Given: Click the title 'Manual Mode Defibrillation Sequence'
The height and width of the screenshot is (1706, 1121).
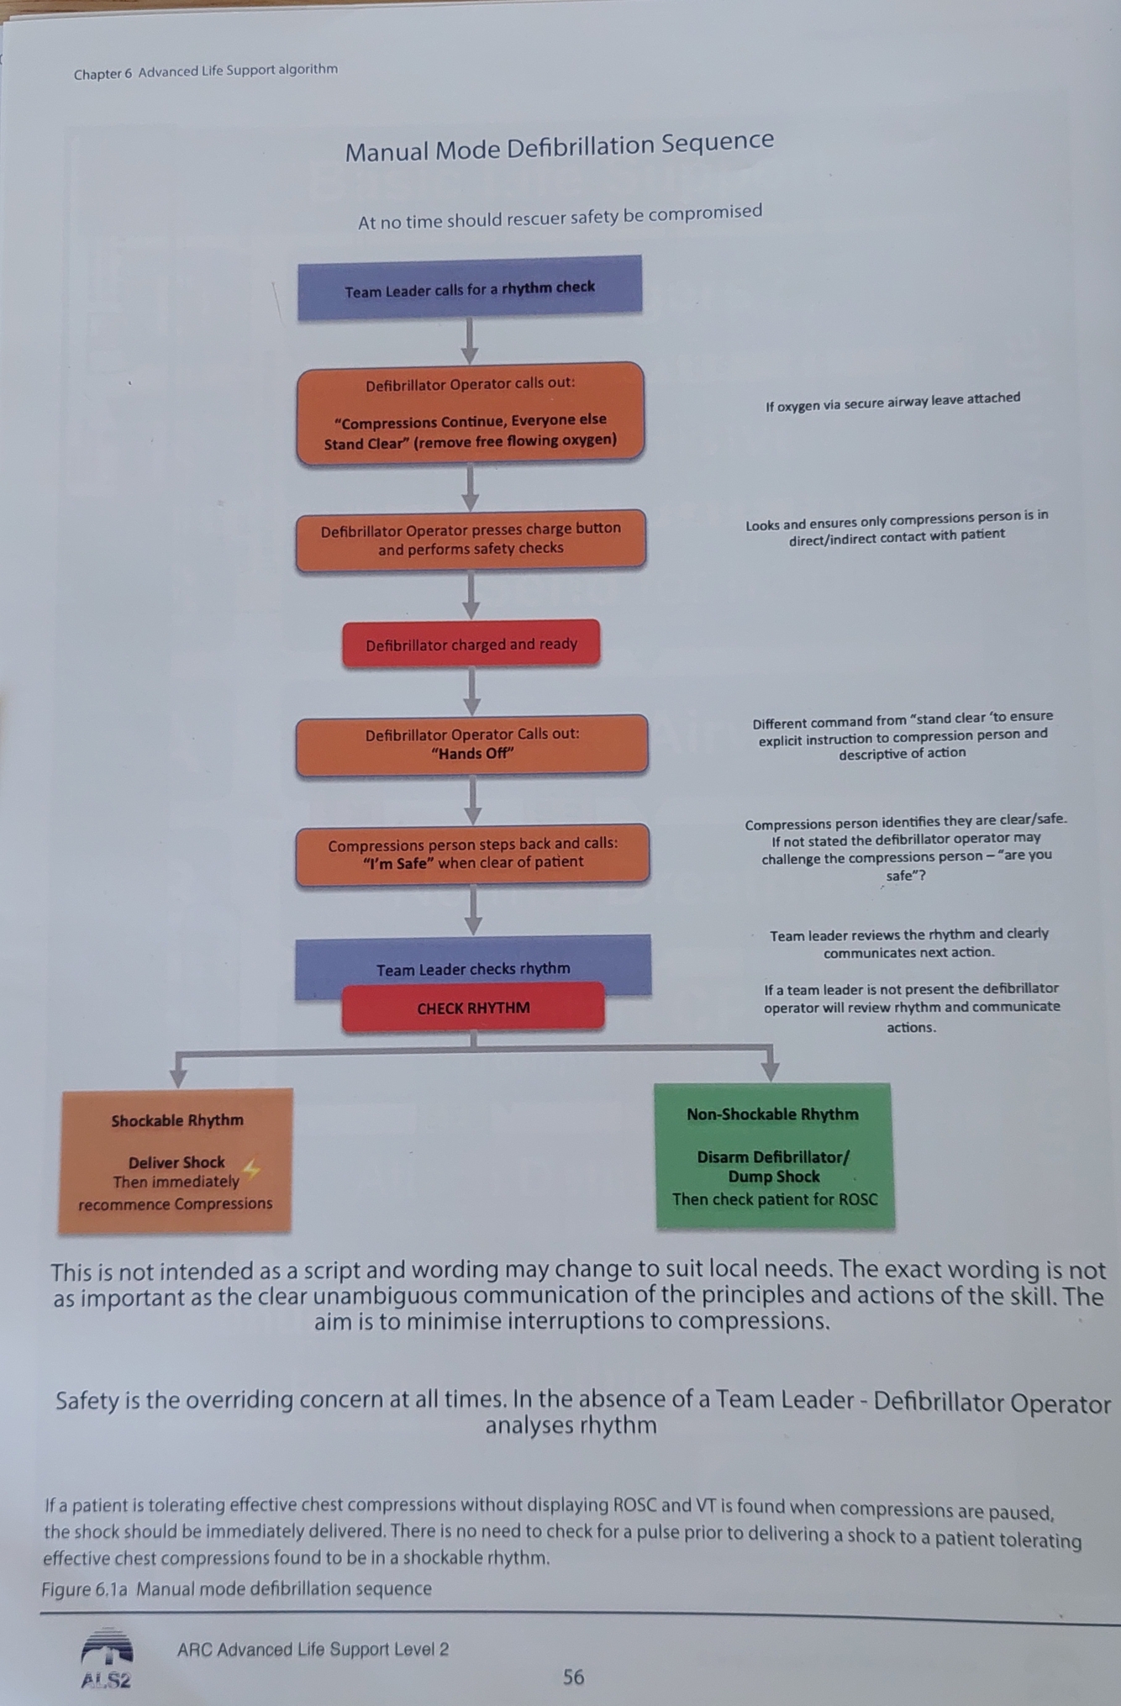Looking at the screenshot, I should [559, 147].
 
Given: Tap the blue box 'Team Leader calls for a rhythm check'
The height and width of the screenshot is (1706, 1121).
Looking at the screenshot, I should [470, 288].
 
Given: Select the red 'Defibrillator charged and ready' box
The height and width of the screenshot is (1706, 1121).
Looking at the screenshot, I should [471, 645].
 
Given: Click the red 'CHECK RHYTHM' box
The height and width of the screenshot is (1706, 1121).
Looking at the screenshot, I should [473, 1008].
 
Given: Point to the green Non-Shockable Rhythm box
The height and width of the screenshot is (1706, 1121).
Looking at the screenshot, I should [774, 1156].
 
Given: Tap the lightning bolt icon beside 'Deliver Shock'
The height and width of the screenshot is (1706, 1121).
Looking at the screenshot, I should [251, 1168].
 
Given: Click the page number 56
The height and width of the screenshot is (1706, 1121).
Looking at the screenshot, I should [573, 1677].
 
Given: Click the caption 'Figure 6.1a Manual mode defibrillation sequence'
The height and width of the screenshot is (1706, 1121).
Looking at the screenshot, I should [236, 1588].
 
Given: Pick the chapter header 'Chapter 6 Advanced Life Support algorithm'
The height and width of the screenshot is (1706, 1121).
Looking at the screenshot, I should [205, 71].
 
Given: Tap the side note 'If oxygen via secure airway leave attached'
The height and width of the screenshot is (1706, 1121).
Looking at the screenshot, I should [892, 402].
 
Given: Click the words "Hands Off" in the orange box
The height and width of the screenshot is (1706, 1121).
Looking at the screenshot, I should [471, 754].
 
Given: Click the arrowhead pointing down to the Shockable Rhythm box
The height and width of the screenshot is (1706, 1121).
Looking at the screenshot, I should [178, 1076].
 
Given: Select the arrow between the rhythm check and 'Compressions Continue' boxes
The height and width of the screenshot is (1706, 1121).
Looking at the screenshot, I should [470, 341].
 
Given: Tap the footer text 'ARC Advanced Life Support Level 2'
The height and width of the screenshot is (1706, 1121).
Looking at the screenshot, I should [313, 1649].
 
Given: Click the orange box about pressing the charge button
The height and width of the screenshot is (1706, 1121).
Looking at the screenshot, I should [471, 539].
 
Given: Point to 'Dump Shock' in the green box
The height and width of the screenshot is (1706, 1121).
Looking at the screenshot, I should [773, 1177].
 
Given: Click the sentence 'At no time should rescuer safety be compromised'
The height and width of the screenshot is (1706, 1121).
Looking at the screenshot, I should [560, 216].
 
